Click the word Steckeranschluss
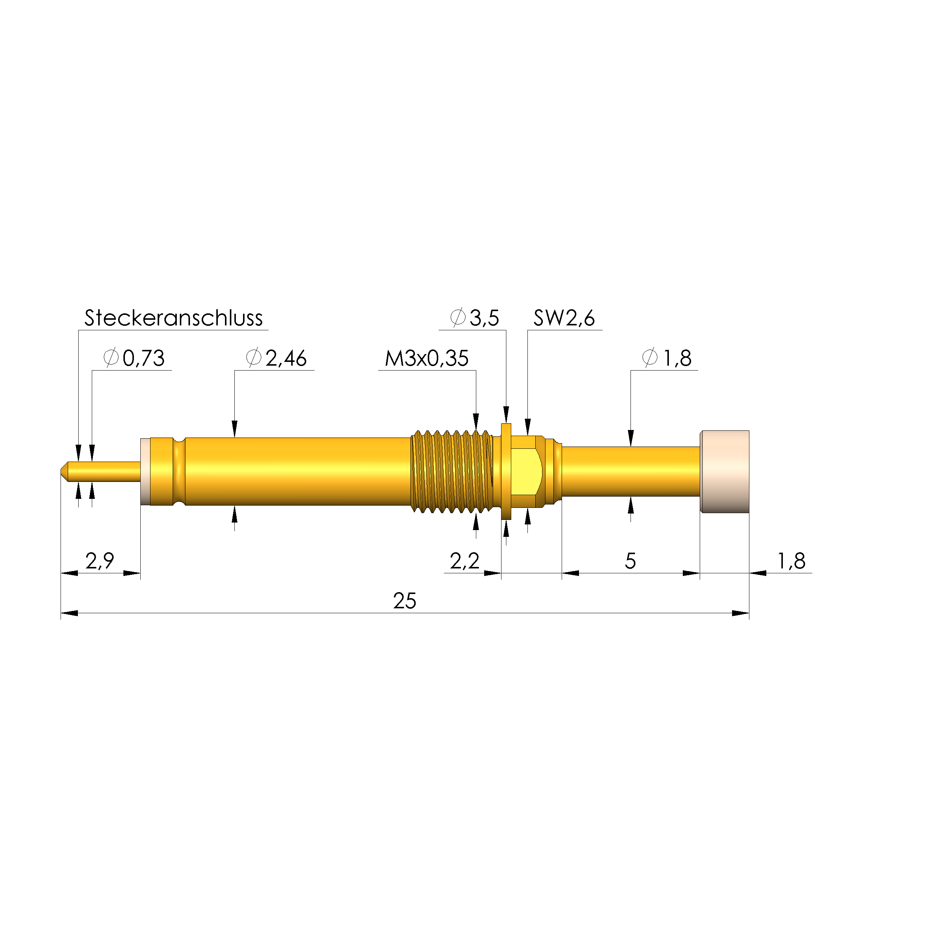pyautogui.click(x=173, y=318)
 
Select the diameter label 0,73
pyautogui.click(x=143, y=359)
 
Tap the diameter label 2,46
pyautogui.click(x=286, y=359)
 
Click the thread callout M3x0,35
pyautogui.click(x=426, y=359)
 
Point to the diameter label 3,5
pyautogui.click(x=484, y=318)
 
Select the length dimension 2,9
pyautogui.click(x=99, y=561)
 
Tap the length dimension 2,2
pyautogui.click(x=464, y=561)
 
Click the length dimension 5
pyautogui.click(x=630, y=561)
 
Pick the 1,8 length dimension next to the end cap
pyautogui.click(x=791, y=561)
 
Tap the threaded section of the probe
pyautogui.click(x=451, y=471)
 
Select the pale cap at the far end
pyautogui.click(x=725, y=471)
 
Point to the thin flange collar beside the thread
pyautogui.click(x=506, y=471)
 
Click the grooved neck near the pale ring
pyautogui.click(x=179, y=471)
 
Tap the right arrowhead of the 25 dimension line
pyautogui.click(x=741, y=613)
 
